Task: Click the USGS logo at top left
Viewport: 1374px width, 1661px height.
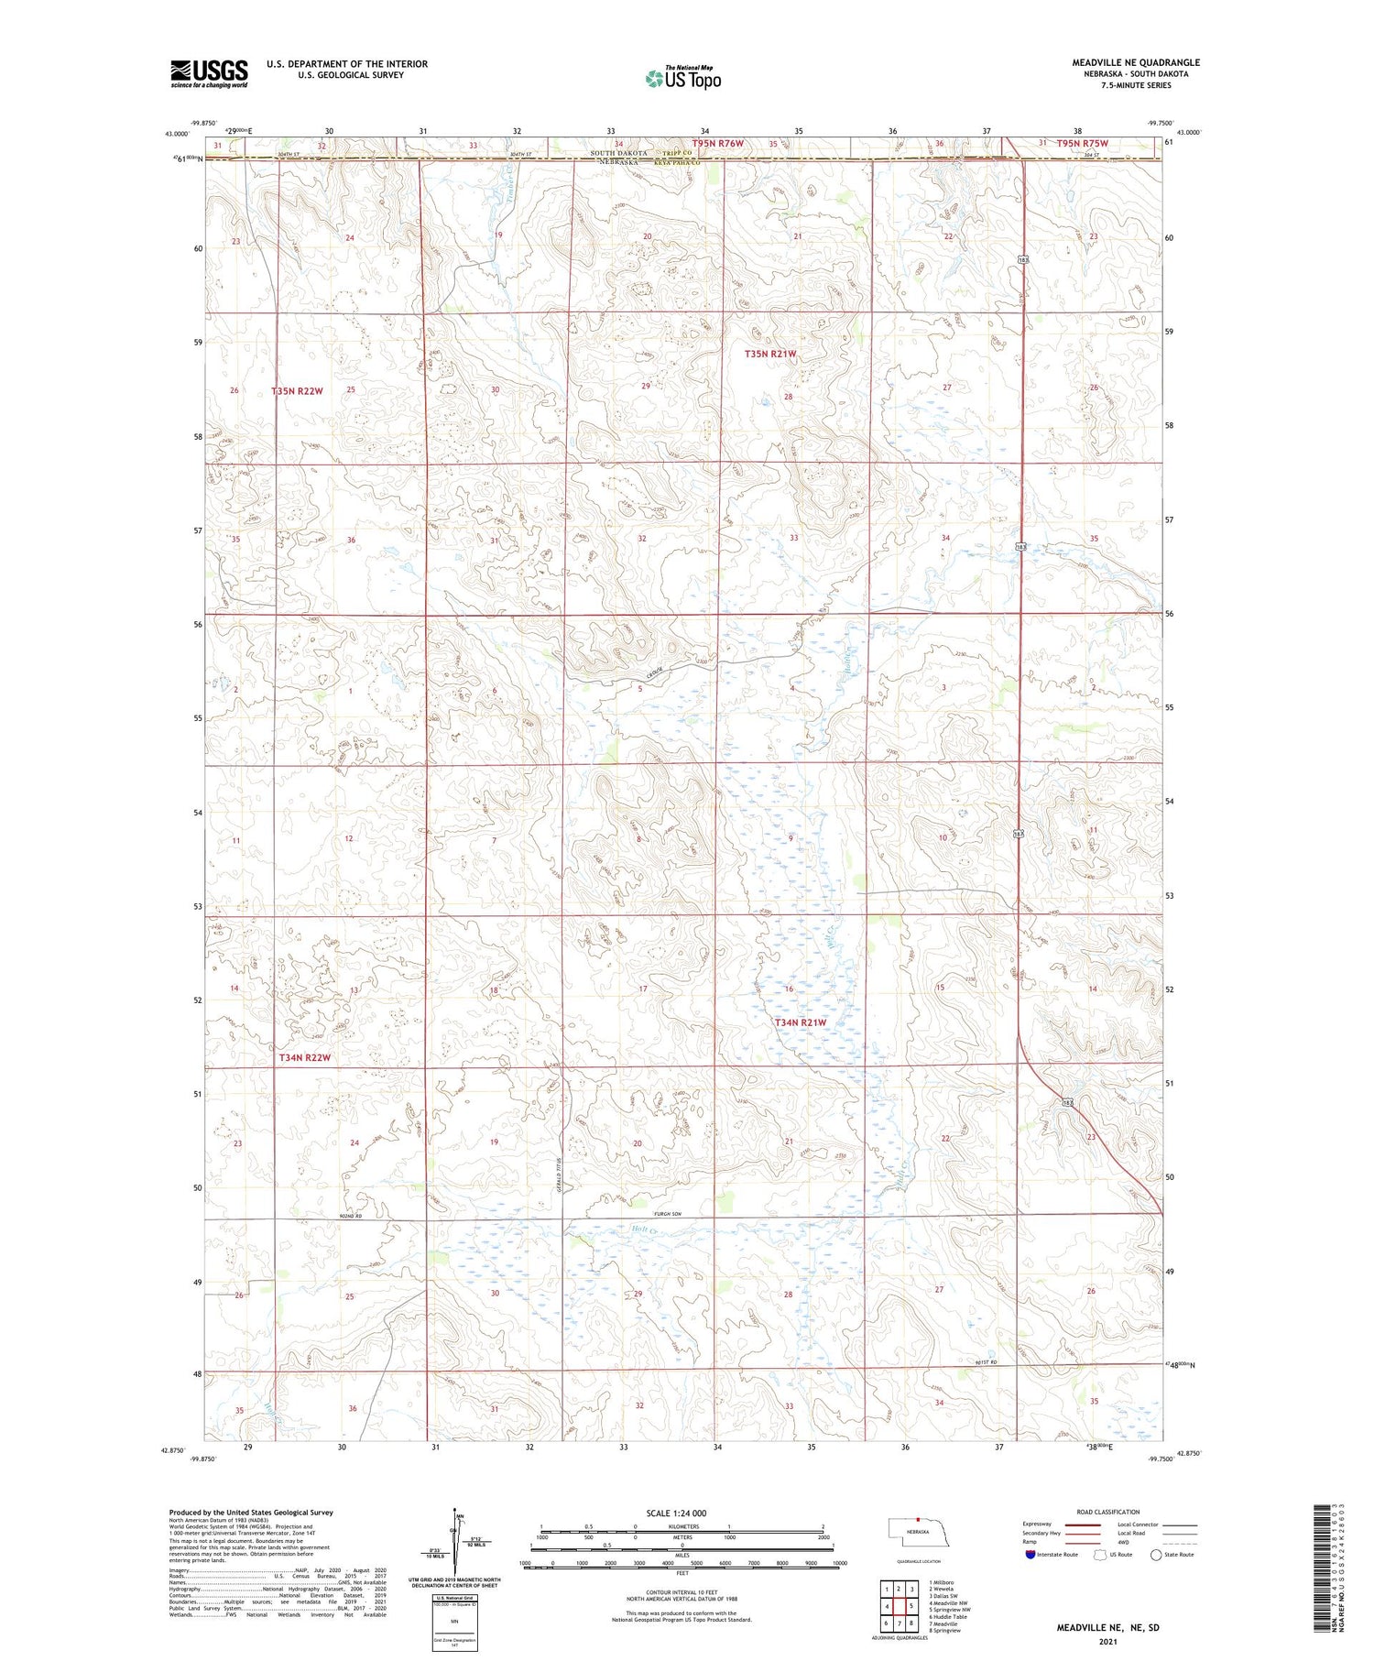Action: point(209,73)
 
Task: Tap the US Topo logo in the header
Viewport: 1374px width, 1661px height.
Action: point(682,79)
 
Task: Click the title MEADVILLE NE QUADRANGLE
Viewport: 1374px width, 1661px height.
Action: point(1136,62)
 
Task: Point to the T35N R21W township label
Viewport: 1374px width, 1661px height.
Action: point(769,354)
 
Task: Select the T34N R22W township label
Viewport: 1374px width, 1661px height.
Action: point(303,1057)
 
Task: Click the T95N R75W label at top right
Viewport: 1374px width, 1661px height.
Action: point(1082,144)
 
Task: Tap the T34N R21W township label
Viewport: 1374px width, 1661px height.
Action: point(800,1022)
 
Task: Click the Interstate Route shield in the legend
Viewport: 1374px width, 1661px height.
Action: point(1030,1555)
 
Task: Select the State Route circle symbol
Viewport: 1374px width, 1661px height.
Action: point(1156,1555)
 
